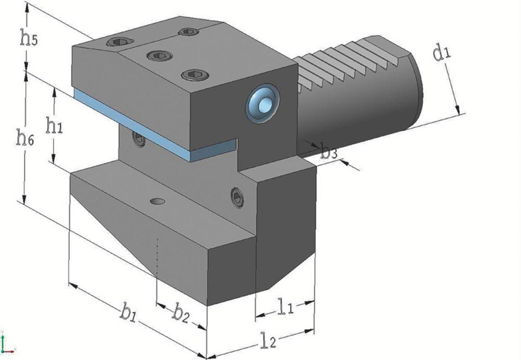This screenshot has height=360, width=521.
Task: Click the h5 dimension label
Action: (29, 38)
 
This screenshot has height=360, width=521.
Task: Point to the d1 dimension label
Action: (442, 53)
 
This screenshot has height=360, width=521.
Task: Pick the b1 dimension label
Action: (128, 314)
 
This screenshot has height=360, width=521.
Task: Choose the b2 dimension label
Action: (181, 314)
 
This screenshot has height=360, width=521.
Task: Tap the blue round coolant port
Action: (263, 103)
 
